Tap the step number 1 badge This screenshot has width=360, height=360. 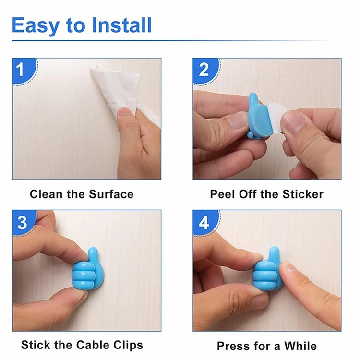(x=20, y=70)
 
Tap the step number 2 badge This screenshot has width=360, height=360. (x=204, y=70)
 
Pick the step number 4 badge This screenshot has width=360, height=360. (x=204, y=223)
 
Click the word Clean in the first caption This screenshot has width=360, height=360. (x=46, y=194)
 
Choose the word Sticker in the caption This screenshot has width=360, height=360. (x=301, y=194)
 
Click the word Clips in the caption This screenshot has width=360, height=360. (x=128, y=345)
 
